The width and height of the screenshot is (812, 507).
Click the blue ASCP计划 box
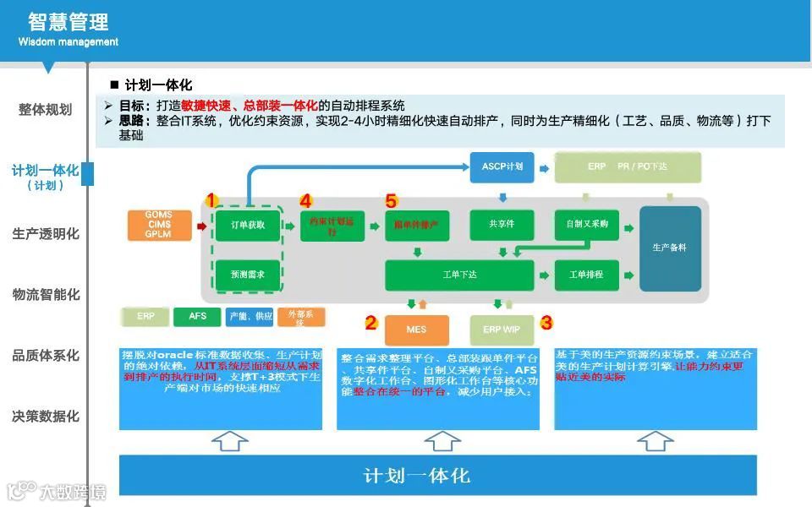coord(502,166)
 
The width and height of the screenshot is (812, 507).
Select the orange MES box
coord(416,330)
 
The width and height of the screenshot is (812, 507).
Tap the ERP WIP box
coord(502,330)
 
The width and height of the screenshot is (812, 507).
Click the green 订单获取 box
coord(247,225)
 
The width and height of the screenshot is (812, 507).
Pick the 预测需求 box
coord(247,275)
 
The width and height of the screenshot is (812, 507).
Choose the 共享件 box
coord(502,224)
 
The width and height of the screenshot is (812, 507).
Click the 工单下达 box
coord(459,275)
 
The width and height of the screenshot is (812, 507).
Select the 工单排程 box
coord(586,275)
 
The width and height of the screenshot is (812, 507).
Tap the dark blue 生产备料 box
coord(670,248)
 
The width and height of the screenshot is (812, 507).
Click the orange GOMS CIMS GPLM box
coord(158,225)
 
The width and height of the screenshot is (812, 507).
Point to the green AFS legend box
coord(197,317)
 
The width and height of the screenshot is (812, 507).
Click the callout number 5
coord(391,201)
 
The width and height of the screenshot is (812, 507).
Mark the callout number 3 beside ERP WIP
coord(546,323)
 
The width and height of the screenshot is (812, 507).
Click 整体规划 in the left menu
coord(46,110)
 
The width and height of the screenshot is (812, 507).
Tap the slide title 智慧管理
coord(69,21)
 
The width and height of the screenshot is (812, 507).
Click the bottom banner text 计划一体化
coord(416,475)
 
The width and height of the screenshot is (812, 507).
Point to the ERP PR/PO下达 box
coord(628,167)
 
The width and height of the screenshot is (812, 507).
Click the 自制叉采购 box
coord(586,224)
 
